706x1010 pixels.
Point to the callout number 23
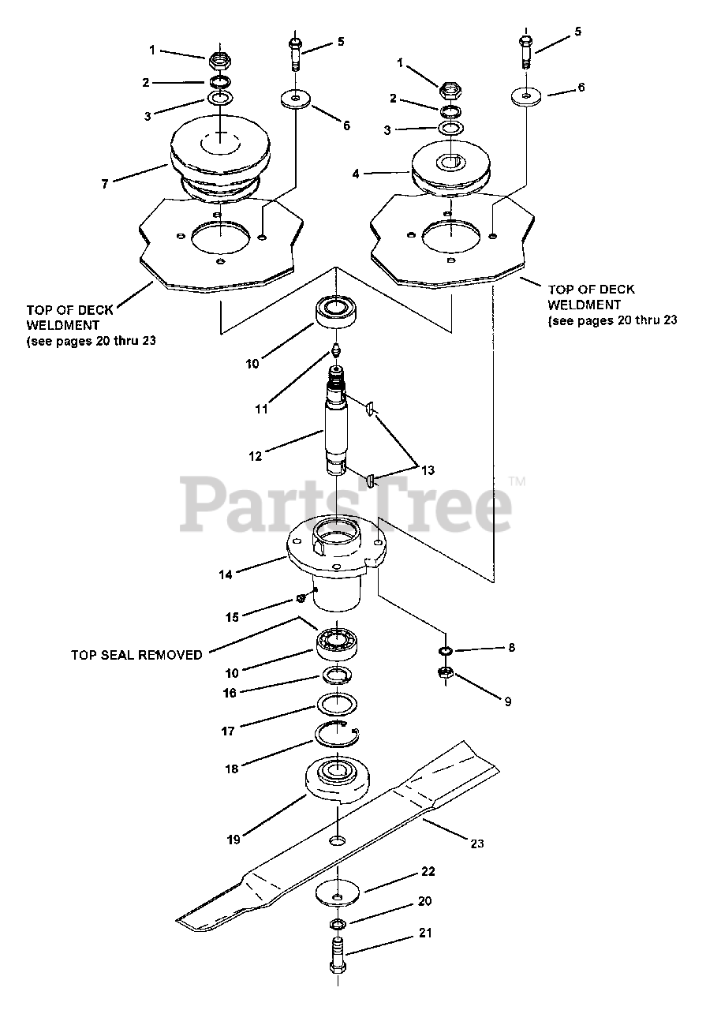coord(476,844)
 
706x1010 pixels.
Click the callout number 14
coord(226,575)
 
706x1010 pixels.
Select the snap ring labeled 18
coord(337,735)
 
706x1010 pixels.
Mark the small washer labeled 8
coord(446,650)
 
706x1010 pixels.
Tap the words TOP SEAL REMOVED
coord(136,654)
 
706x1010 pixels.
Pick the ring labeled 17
coord(338,703)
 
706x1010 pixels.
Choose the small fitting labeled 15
coord(301,597)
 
